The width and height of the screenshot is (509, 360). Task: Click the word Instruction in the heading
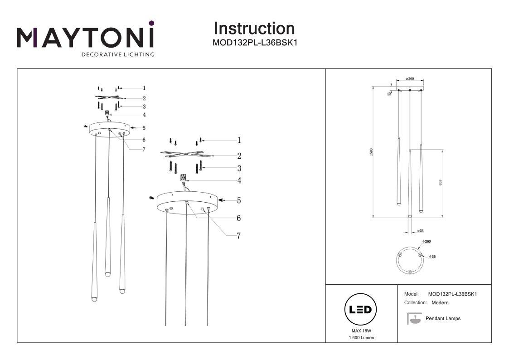click(x=254, y=29)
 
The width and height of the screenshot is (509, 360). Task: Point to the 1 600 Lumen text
click(x=361, y=338)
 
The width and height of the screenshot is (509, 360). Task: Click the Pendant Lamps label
click(x=443, y=319)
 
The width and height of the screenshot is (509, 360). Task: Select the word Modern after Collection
click(x=440, y=302)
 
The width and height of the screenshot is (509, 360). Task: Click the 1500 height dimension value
click(x=371, y=152)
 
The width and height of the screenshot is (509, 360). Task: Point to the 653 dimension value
click(x=440, y=182)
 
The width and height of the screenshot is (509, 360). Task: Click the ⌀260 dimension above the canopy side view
click(x=410, y=78)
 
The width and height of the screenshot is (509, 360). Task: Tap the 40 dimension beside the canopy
click(x=389, y=93)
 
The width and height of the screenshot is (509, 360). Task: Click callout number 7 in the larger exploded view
click(x=238, y=236)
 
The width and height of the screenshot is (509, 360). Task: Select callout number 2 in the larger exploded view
click(x=238, y=156)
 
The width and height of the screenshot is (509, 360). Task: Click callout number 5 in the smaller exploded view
click(x=144, y=128)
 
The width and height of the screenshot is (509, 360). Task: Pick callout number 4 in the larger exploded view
click(x=238, y=181)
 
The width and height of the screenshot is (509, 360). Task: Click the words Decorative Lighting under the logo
click(x=117, y=55)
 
